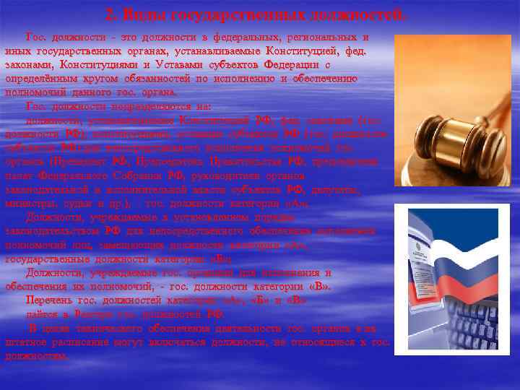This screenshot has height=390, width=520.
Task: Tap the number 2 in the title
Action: click(x=110, y=14)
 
